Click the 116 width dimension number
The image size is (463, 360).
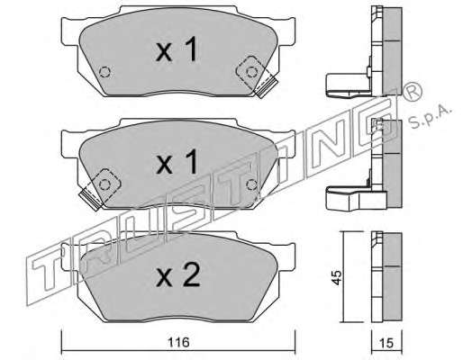[x=178, y=342]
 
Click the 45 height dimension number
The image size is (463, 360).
[x=337, y=277]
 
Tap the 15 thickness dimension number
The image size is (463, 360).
[x=386, y=343]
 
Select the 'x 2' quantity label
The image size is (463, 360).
[x=178, y=274]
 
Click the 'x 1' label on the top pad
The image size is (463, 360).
[x=177, y=49]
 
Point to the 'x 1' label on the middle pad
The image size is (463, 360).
[x=177, y=162]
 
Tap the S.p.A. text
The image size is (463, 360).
[x=431, y=117]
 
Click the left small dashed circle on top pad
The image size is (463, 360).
[x=104, y=72]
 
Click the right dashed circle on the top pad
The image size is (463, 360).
[x=251, y=72]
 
